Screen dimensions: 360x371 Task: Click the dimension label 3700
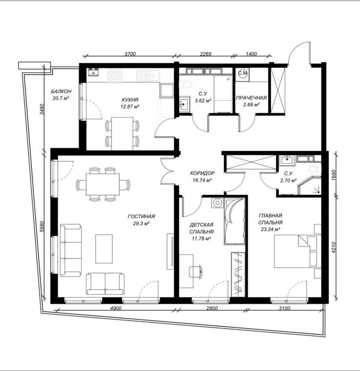130,54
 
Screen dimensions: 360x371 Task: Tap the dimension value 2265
206,54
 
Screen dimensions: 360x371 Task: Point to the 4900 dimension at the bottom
116,308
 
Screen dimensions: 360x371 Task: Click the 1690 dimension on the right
333,175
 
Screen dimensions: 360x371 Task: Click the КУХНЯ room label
130,100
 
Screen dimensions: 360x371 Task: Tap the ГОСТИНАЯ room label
142,216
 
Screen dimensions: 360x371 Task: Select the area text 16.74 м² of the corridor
202,180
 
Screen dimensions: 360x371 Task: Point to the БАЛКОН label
61,91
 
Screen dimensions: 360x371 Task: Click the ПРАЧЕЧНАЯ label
251,98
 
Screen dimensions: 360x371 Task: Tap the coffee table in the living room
104,249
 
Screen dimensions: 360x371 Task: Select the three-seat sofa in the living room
71,250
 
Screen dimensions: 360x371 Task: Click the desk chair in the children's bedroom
196,271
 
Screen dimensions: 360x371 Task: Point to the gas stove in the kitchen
115,75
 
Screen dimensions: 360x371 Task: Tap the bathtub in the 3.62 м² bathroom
223,94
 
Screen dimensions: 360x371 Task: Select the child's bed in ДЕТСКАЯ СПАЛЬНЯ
234,222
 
